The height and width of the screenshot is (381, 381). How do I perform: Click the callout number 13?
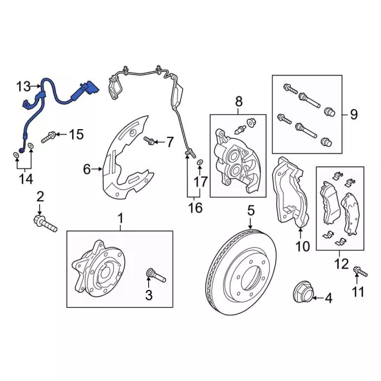(x=23, y=87)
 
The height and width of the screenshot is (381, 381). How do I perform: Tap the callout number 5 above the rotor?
(x=251, y=210)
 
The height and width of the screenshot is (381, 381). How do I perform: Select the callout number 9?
(x=354, y=114)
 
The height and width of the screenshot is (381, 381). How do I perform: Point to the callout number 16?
(x=195, y=208)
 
